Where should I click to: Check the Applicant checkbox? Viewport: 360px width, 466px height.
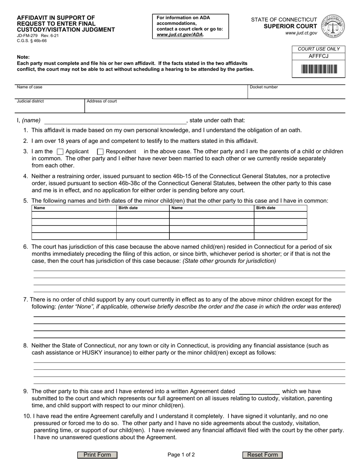click(60, 152)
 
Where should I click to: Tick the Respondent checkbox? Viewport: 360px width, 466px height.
click(100, 152)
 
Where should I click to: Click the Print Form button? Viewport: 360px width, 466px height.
click(97, 455)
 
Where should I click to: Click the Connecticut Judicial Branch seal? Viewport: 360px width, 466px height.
click(333, 26)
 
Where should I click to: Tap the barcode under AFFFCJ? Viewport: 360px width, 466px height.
click(319, 69)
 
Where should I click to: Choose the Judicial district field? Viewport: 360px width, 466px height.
click(49, 108)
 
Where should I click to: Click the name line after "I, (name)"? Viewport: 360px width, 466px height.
click(115, 121)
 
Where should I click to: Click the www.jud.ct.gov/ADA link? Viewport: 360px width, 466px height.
click(180, 34)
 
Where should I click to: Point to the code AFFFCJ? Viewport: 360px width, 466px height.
click(319, 56)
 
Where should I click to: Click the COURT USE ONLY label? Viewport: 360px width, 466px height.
click(319, 49)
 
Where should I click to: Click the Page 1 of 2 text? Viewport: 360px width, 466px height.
click(181, 455)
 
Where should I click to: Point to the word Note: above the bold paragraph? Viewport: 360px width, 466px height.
click(23, 57)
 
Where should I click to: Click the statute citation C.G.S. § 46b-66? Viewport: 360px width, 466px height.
click(32, 41)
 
